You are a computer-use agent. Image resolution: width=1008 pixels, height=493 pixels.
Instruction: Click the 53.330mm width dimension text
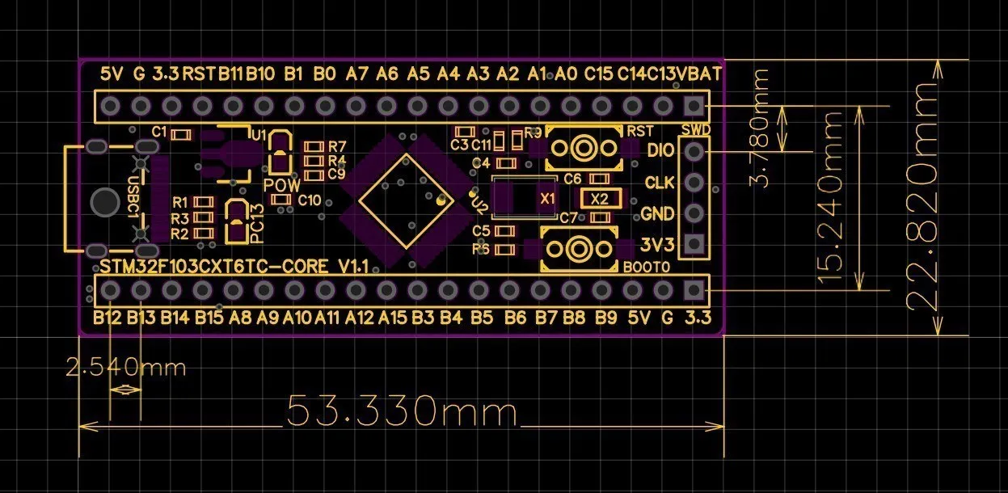point(402,412)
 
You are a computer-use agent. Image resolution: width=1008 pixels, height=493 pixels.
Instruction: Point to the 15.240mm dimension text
point(833,196)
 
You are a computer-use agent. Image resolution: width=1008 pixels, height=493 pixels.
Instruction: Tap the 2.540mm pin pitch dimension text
point(125,368)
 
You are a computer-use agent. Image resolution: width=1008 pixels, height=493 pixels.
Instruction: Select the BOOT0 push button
point(579,248)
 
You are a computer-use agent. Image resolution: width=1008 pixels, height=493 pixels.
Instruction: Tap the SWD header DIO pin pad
point(693,151)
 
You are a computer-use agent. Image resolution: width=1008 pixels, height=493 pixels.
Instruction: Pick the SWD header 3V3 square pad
point(693,244)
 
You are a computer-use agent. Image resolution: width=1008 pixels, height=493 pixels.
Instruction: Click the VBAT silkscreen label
point(700,74)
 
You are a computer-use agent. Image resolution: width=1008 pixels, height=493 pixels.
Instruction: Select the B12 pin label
point(107,318)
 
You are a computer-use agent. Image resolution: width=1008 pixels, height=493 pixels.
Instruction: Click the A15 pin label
point(392,318)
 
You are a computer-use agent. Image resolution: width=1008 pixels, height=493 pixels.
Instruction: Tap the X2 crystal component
point(599,199)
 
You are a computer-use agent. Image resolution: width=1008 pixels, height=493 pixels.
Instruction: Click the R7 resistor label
point(337,146)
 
